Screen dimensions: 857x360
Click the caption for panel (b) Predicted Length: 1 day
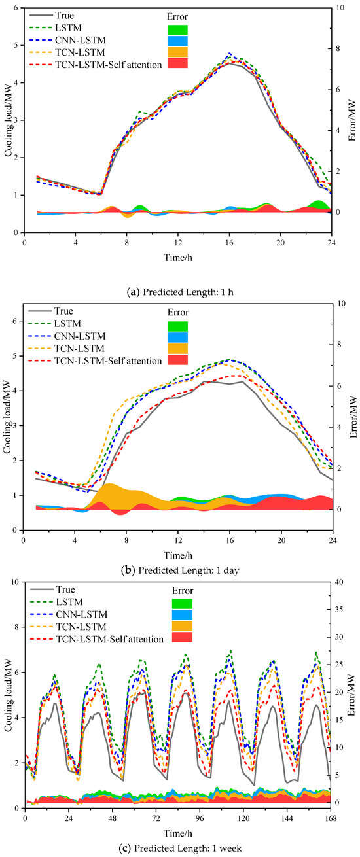[x=179, y=570]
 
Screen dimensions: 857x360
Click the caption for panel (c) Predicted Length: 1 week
[x=179, y=848]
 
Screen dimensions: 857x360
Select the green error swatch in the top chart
[x=177, y=29]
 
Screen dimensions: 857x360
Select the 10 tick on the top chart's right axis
[x=338, y=8]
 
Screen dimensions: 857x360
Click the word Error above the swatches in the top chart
[x=177, y=16]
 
